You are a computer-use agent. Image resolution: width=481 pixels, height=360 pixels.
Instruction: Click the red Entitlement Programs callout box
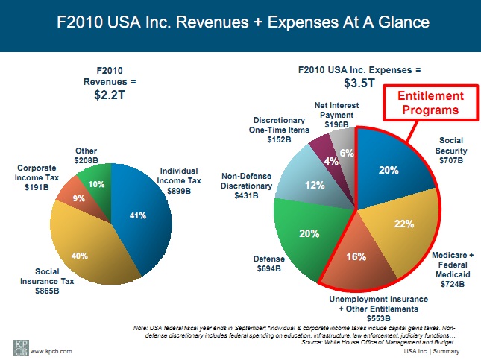click(430, 104)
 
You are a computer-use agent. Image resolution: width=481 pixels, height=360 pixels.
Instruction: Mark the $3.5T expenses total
click(359, 82)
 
